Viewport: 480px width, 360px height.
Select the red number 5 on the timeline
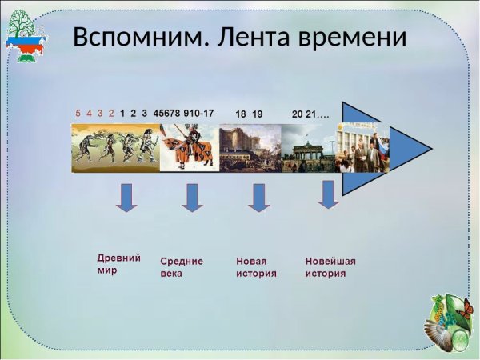pyautogui.click(x=78, y=114)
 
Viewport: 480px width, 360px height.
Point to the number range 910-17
pyautogui.click(x=198, y=114)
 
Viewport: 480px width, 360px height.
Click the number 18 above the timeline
pyautogui.click(x=240, y=114)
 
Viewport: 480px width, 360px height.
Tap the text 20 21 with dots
pyautogui.click(x=310, y=114)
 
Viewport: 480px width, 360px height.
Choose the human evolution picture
pyautogui.click(x=115, y=147)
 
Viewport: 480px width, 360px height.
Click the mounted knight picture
pyautogui.click(x=189, y=148)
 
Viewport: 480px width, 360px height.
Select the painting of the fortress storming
pyautogui.click(x=250, y=148)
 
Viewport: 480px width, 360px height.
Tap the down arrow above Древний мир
pyautogui.click(x=126, y=197)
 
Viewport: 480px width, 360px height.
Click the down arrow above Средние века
pyautogui.click(x=192, y=197)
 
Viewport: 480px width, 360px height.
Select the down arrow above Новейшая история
pyautogui.click(x=327, y=194)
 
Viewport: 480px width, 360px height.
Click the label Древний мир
pyautogui.click(x=118, y=264)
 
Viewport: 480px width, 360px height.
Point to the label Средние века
pyautogui.click(x=182, y=267)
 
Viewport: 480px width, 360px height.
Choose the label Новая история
pyautogui.click(x=256, y=267)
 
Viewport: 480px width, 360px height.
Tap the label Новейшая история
pyautogui.click(x=330, y=267)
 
